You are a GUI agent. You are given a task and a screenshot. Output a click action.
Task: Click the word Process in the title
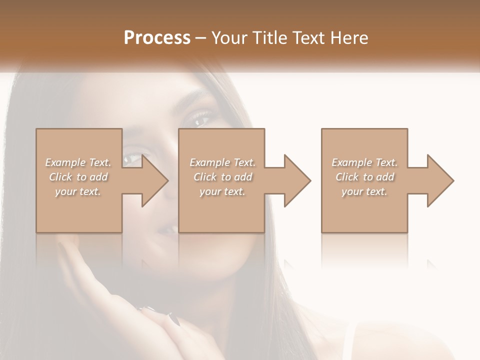157,38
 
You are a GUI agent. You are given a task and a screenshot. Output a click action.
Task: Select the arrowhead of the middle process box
296,180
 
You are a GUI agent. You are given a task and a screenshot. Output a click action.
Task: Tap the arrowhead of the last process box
439,180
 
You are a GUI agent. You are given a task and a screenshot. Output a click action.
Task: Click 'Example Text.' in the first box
78,162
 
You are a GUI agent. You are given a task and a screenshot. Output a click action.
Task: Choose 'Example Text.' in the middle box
222,162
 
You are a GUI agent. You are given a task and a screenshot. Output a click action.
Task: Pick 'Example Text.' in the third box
364,162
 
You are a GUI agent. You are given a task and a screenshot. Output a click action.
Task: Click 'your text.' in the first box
78,191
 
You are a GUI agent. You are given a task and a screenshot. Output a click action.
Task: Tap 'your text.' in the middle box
222,191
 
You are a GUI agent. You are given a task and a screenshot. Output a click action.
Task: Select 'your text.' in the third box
364,191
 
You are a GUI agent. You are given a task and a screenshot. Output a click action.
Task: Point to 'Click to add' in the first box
78,177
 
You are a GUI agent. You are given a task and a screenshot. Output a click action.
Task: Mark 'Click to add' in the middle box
222,177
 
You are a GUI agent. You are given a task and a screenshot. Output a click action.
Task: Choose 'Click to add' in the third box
364,177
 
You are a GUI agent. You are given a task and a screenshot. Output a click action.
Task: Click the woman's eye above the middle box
200,119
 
